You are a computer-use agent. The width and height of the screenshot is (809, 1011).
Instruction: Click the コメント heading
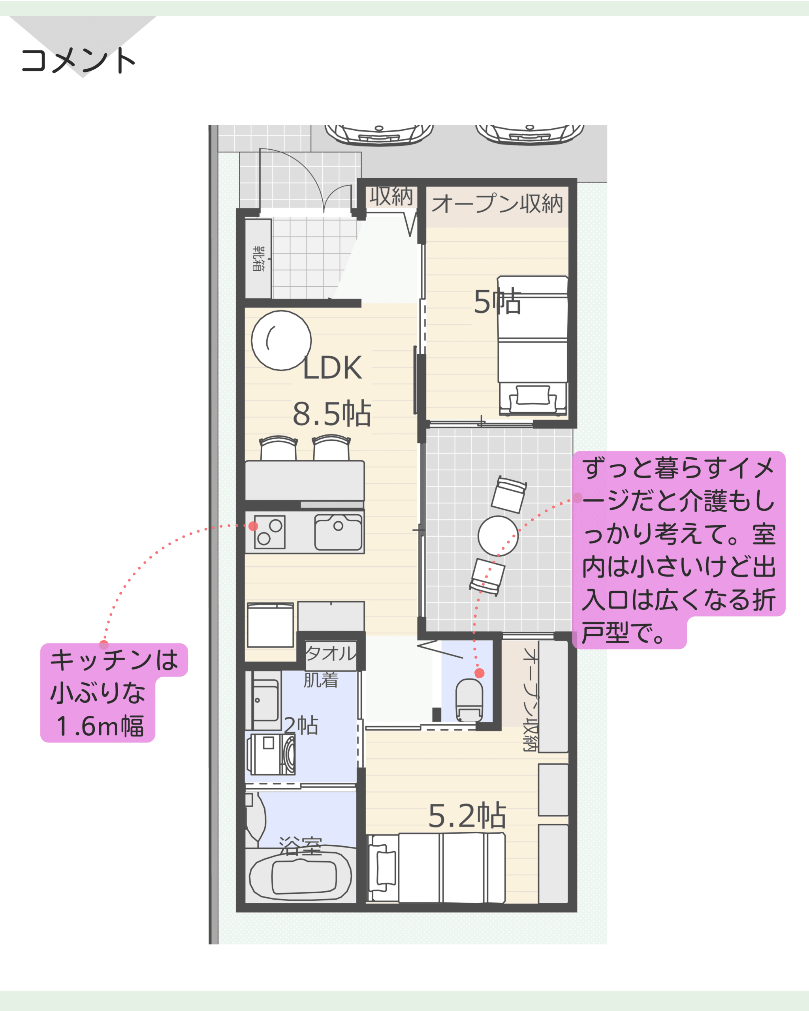[78, 60]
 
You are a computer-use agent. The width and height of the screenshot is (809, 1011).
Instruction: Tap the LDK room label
[332, 368]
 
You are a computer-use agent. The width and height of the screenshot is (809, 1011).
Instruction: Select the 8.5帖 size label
[332, 413]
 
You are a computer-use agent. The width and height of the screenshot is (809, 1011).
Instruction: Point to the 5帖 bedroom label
[497, 301]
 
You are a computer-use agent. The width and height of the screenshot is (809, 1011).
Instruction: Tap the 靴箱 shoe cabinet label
[258, 258]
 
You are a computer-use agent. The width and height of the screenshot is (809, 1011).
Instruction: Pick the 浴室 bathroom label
[300, 846]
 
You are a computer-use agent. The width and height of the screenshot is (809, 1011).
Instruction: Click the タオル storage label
[331, 653]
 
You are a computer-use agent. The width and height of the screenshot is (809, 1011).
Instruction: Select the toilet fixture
[469, 700]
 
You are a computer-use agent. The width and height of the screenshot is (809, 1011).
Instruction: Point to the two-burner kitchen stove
[270, 532]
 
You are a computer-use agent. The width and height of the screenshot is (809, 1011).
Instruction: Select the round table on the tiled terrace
[498, 536]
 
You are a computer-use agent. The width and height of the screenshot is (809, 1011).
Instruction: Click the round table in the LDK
[281, 340]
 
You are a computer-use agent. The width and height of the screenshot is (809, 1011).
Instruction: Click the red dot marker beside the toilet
[479, 673]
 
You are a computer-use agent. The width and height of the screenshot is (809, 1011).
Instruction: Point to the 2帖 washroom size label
[301, 725]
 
